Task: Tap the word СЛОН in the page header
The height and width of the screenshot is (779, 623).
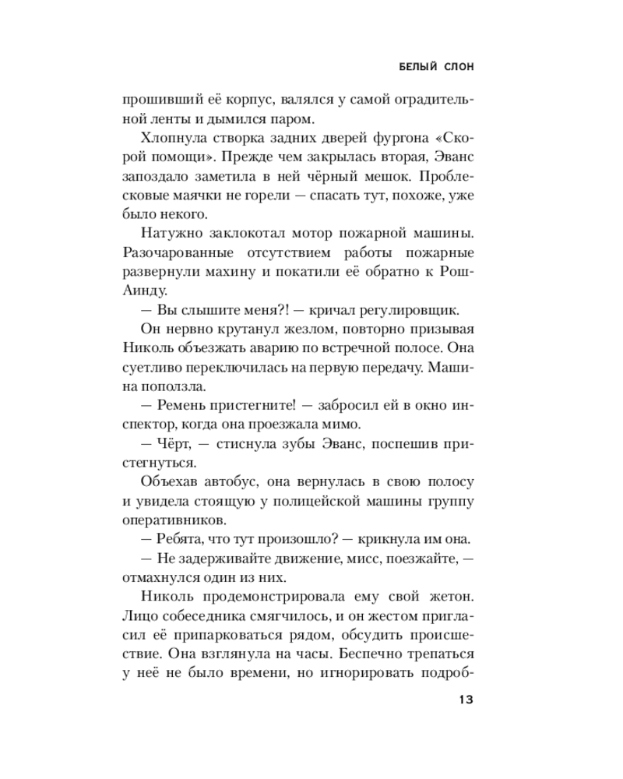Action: [x=458, y=67]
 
